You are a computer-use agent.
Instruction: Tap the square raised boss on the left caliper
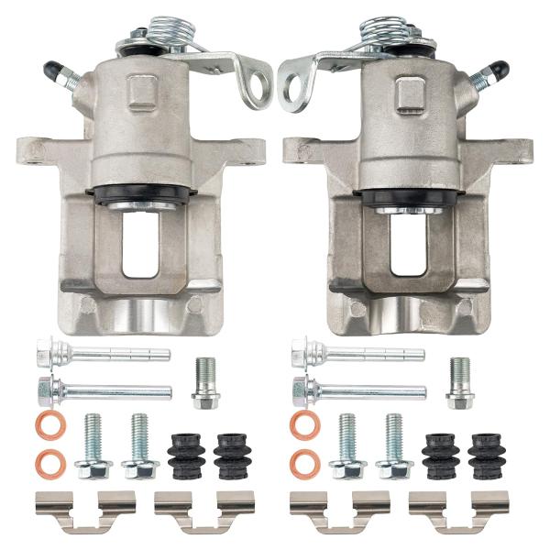tap(142, 92)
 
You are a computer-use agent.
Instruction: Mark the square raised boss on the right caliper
tap(409, 92)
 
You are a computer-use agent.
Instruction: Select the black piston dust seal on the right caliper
tap(408, 198)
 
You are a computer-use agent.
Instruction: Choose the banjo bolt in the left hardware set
tap(205, 384)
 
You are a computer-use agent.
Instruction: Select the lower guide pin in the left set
tap(103, 390)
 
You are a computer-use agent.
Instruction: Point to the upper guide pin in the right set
tap(357, 353)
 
